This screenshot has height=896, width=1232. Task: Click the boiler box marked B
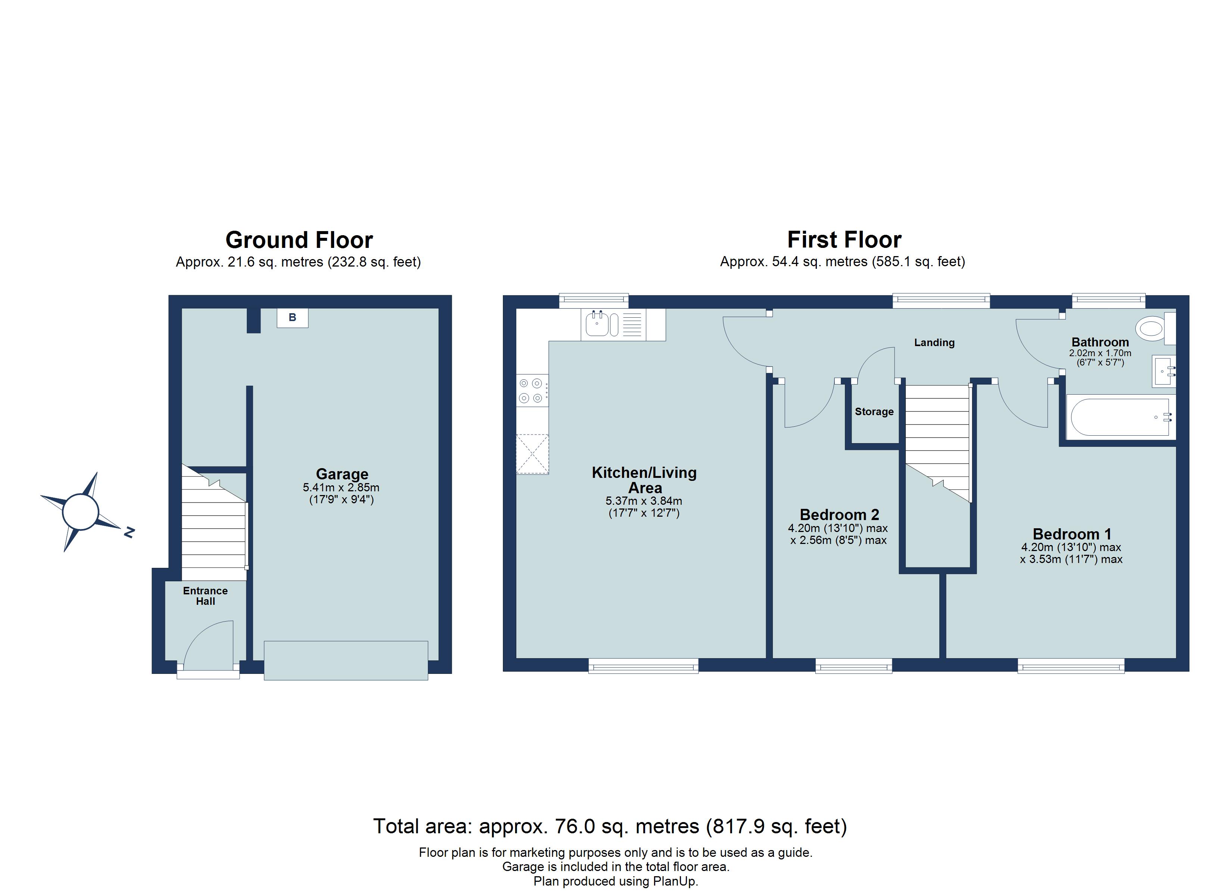click(292, 318)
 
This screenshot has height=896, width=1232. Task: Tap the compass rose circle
click(80, 512)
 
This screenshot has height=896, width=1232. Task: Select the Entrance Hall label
click(205, 596)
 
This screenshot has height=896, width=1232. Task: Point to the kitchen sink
click(598, 325)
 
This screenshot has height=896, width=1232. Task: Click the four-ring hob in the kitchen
click(531, 390)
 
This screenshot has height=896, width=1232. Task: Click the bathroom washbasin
click(1163, 372)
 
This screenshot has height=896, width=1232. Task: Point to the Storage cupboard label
click(874, 412)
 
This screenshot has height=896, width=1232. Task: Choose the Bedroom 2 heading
click(839, 514)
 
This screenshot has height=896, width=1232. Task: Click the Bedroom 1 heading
click(1072, 534)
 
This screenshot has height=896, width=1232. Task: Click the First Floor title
click(844, 240)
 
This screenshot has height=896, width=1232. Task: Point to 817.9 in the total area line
click(739, 827)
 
